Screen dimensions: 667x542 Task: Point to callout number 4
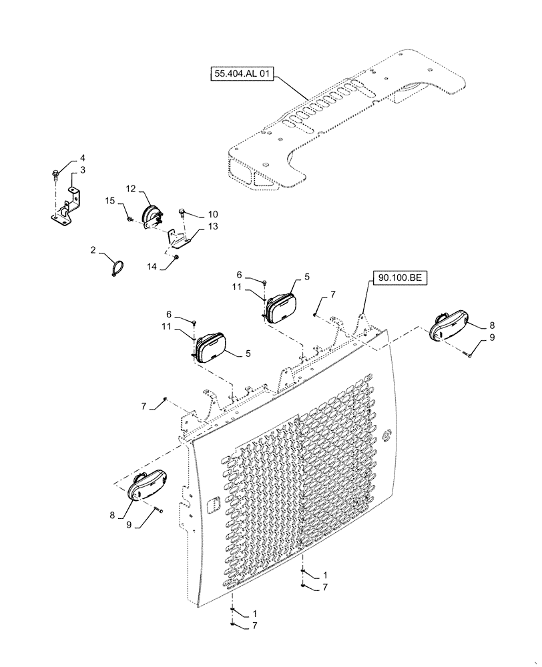point(83,158)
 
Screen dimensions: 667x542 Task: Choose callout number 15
point(109,200)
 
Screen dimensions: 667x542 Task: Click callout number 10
point(212,214)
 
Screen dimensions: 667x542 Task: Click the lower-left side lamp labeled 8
point(146,488)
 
